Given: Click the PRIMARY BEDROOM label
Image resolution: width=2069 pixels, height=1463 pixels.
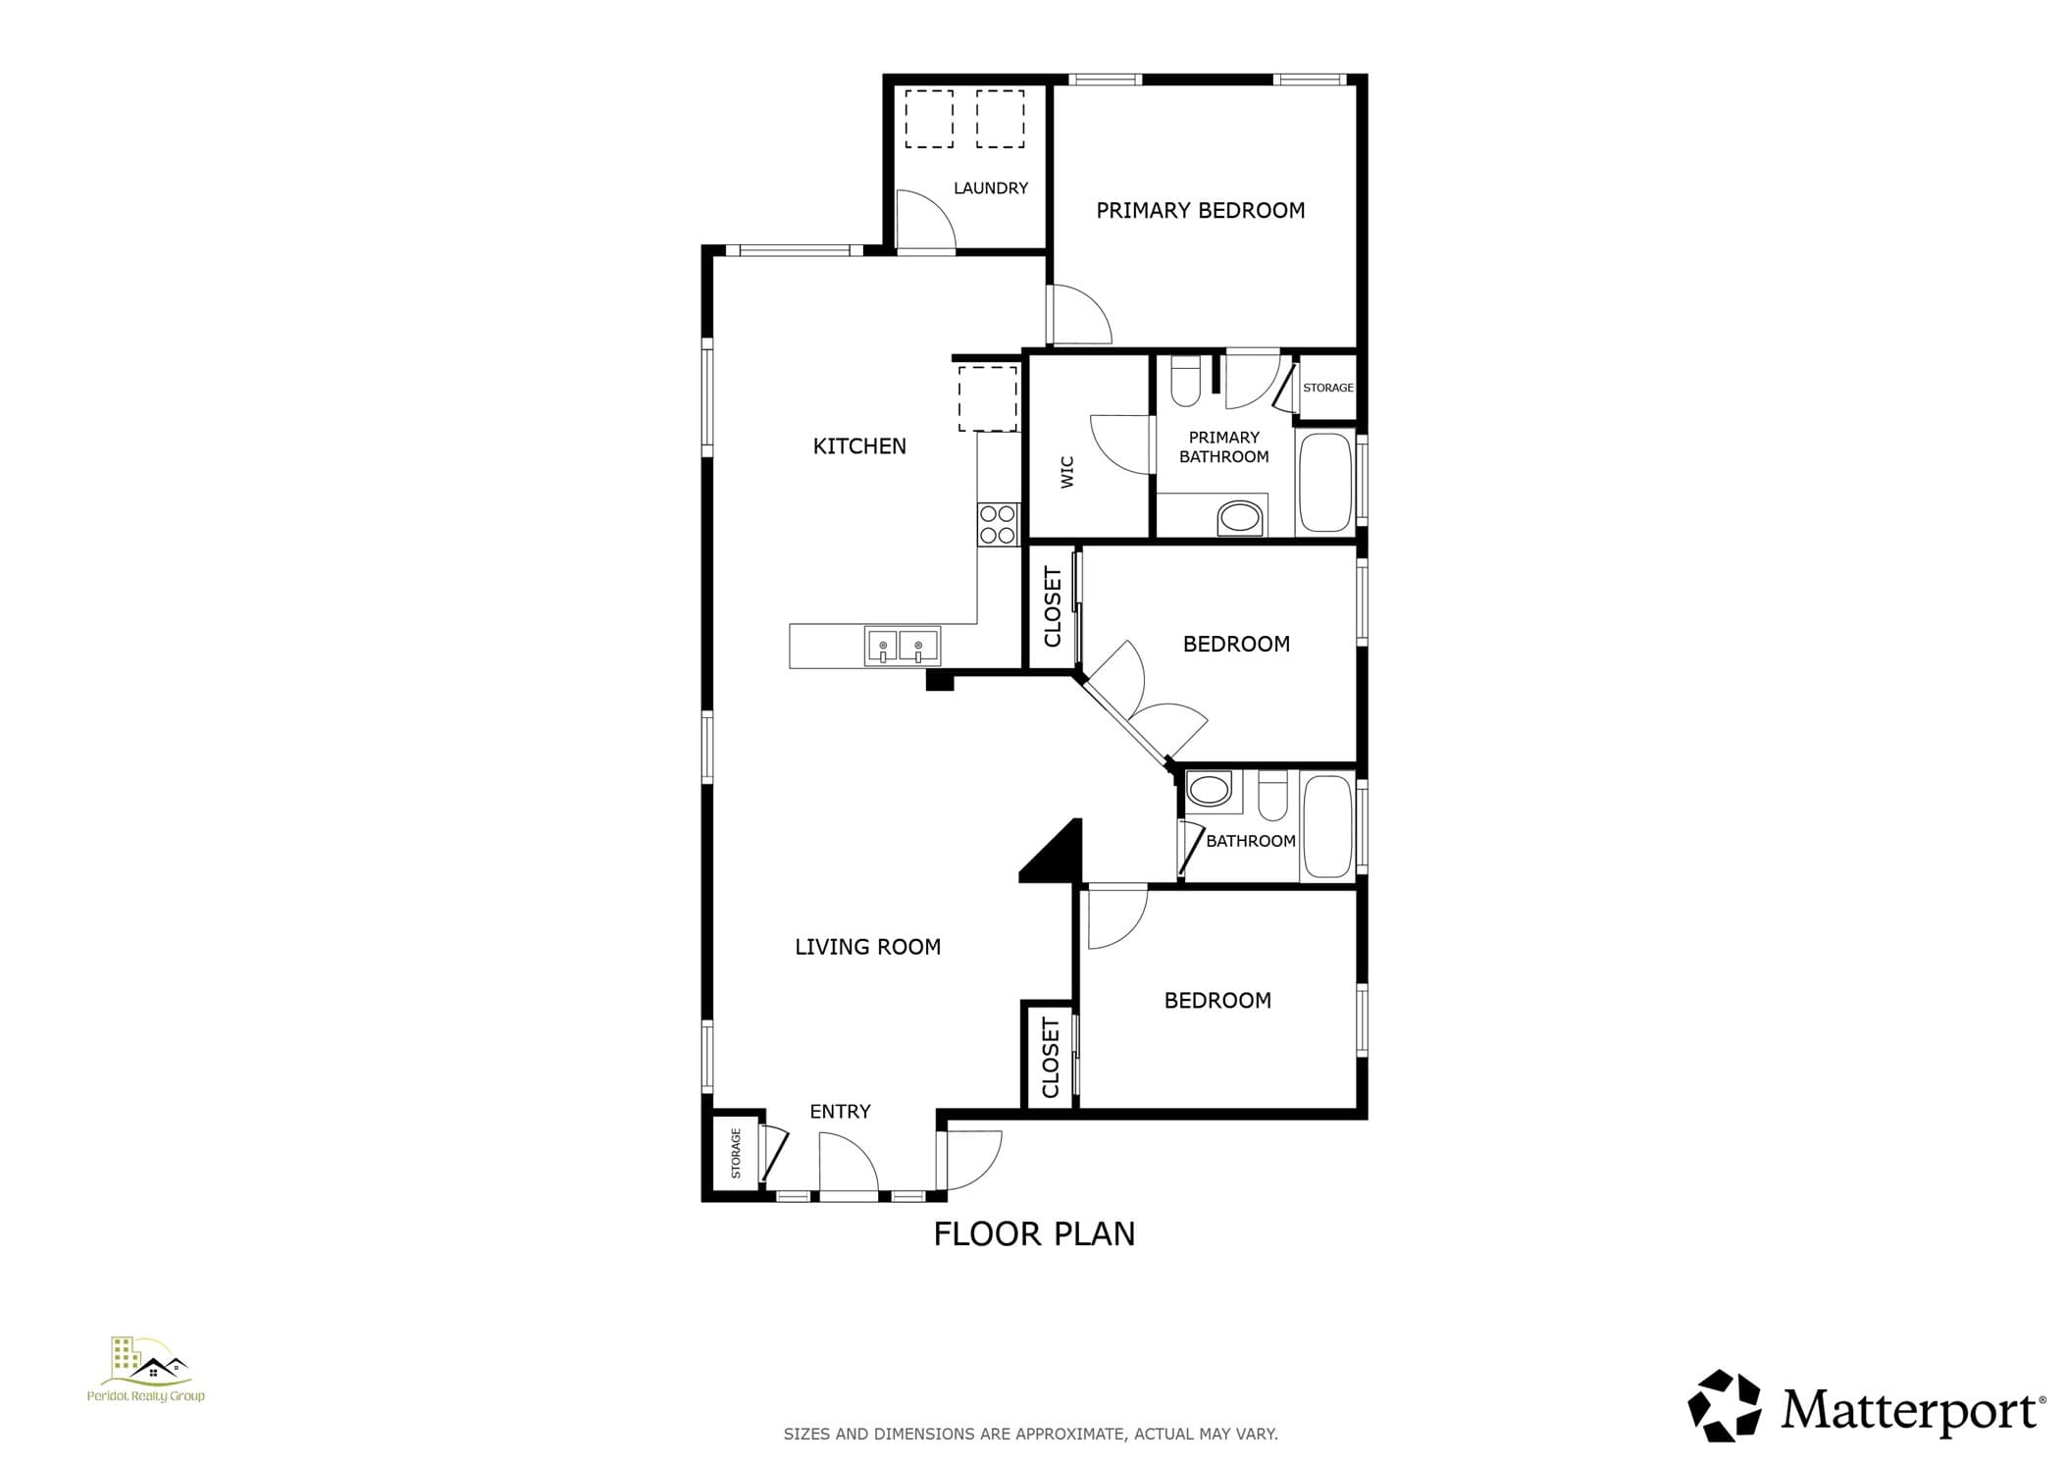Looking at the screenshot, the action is click(1200, 210).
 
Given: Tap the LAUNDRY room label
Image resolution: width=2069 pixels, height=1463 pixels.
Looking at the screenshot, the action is click(991, 187).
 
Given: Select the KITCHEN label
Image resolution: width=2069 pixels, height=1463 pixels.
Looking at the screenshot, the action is click(859, 446).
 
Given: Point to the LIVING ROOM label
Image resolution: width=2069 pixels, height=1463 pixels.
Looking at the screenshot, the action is click(867, 947).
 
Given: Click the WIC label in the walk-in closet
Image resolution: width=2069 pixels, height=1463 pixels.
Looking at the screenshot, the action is click(1067, 472).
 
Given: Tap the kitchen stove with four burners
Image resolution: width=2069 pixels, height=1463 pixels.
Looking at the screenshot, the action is click(999, 524).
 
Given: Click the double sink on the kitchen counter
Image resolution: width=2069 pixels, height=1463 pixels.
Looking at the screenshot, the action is click(903, 647).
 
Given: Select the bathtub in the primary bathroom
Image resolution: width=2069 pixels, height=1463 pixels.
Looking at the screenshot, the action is click(1325, 482).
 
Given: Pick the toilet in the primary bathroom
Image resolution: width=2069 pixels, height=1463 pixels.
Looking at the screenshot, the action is click(1186, 381).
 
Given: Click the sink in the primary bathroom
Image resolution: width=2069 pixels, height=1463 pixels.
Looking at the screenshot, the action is click(1240, 518).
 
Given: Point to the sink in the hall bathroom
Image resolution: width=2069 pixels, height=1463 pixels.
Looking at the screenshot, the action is click(1210, 789).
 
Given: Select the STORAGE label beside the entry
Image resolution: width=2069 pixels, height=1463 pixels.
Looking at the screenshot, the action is click(736, 1154).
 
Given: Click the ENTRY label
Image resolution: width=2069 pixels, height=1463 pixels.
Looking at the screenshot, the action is click(840, 1112).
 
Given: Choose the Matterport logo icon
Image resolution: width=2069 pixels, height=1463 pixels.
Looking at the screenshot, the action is click(1724, 1406).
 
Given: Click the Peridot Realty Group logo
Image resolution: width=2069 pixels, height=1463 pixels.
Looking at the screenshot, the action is click(146, 1370).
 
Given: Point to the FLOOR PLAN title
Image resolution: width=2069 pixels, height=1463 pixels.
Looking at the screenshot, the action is click(1034, 1233).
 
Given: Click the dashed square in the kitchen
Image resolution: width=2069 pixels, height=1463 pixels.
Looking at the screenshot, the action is click(988, 398).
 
